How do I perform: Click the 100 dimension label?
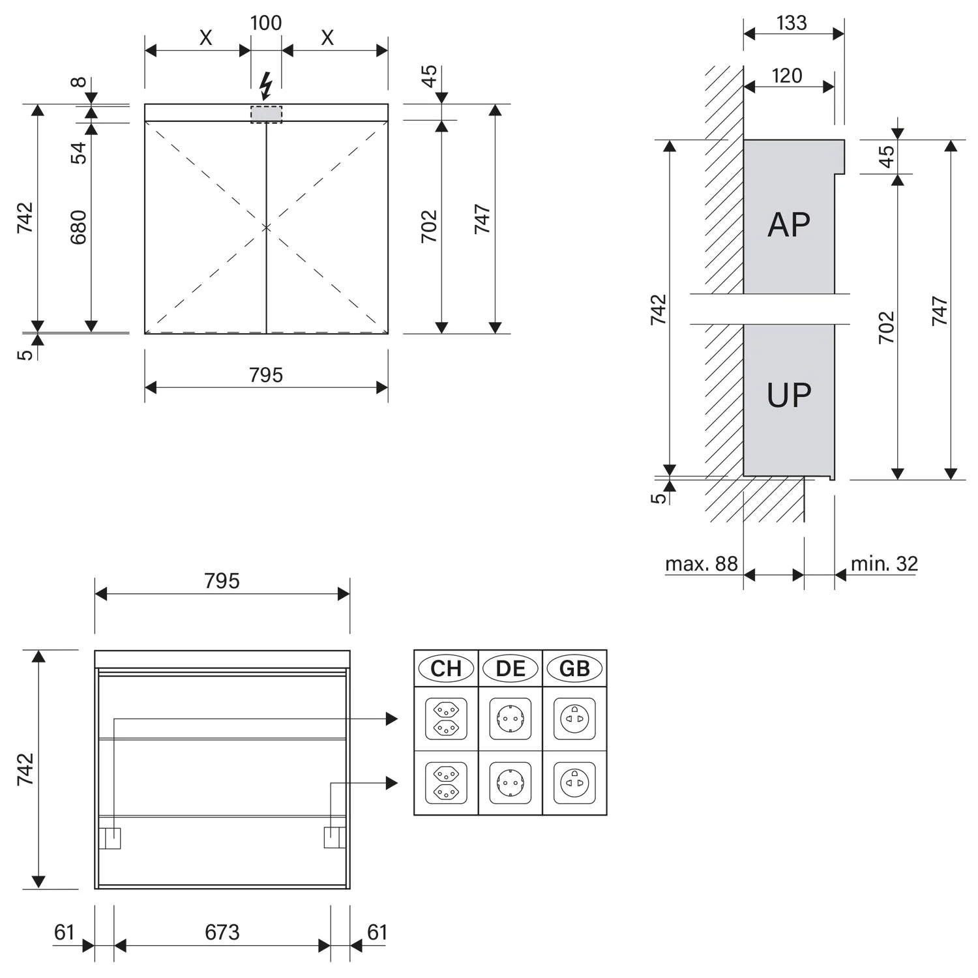coord(266,23)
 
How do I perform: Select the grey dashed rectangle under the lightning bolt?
coord(267,114)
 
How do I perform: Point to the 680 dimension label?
coord(78,227)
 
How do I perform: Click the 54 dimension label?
coord(78,153)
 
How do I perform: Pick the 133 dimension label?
coord(792,23)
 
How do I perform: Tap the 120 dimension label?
coord(787,76)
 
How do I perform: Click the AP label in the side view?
coord(789,225)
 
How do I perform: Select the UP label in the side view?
coord(789,395)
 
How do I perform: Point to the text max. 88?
coord(702,563)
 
